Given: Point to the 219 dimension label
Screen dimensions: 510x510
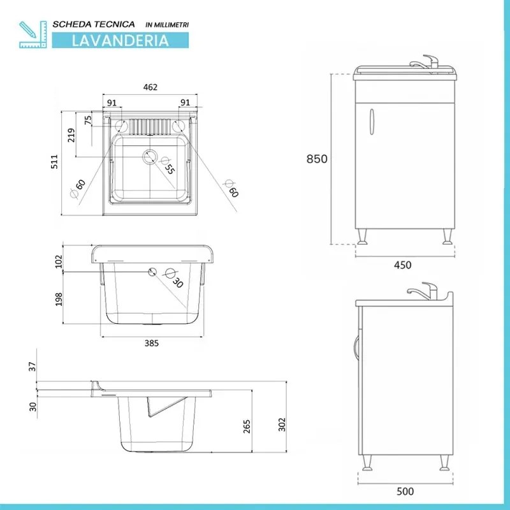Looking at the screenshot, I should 71,135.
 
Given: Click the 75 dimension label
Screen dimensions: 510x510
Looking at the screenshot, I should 88,119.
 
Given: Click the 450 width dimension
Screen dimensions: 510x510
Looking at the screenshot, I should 402,265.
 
